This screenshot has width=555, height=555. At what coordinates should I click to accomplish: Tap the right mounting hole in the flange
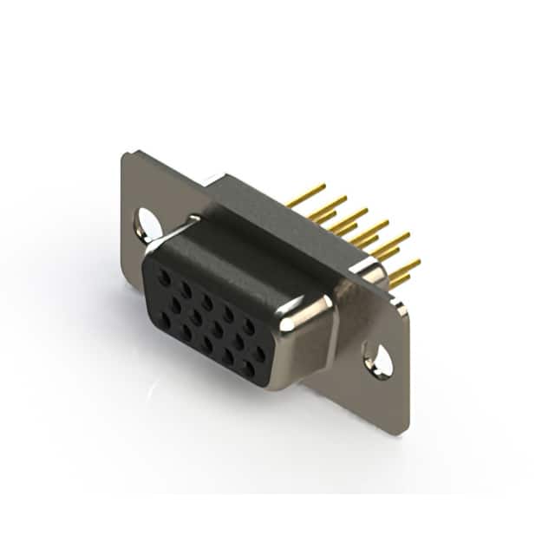380,359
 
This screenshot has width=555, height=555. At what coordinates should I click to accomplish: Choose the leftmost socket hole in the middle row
176,304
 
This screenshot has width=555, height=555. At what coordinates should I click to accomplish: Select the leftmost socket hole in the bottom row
165,320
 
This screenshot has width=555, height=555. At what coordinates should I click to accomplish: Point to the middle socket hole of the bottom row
207,344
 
